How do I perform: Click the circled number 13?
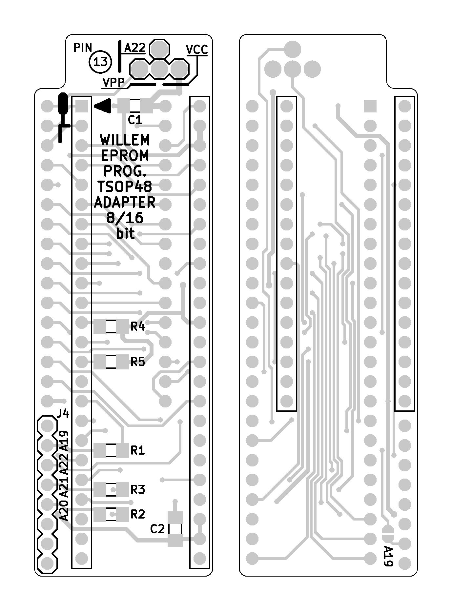pyautogui.click(x=100, y=62)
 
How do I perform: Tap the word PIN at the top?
pyautogui.click(x=83, y=48)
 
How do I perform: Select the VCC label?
pyautogui.click(x=196, y=50)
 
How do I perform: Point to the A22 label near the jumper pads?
pyautogui.click(x=135, y=49)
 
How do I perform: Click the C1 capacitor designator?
pyautogui.click(x=135, y=120)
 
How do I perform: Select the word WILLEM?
pyautogui.click(x=125, y=140)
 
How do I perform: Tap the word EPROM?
pyautogui.click(x=125, y=156)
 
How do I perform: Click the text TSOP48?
pyautogui.click(x=125, y=187)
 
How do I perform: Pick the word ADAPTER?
pyautogui.click(x=125, y=202)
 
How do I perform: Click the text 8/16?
pyautogui.click(x=125, y=218)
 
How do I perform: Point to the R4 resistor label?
pyautogui.click(x=138, y=326)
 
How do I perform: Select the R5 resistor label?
pyautogui.click(x=138, y=362)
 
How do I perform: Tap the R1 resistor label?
pyautogui.click(x=138, y=451)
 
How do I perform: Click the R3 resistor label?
pyautogui.click(x=138, y=490)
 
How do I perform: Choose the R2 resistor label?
pyautogui.click(x=138, y=514)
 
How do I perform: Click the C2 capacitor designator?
pyautogui.click(x=157, y=529)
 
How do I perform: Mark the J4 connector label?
pyautogui.click(x=63, y=413)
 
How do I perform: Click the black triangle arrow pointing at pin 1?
pyautogui.click(x=103, y=106)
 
